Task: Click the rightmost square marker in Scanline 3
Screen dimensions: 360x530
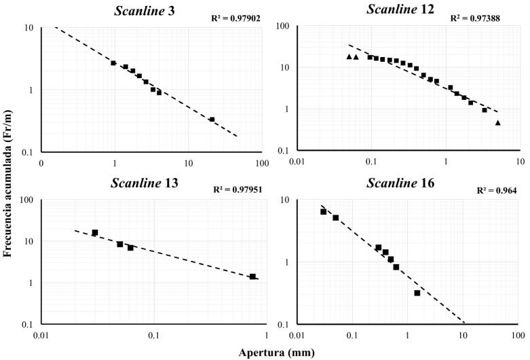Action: click(x=212, y=120)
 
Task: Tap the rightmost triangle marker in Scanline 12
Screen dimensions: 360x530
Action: click(x=497, y=123)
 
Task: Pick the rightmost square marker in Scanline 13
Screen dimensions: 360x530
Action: click(x=252, y=276)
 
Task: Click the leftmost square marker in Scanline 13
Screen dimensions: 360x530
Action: click(x=95, y=233)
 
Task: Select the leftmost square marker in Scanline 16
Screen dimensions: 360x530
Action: click(x=324, y=212)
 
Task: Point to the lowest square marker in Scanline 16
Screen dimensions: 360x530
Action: click(x=417, y=293)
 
